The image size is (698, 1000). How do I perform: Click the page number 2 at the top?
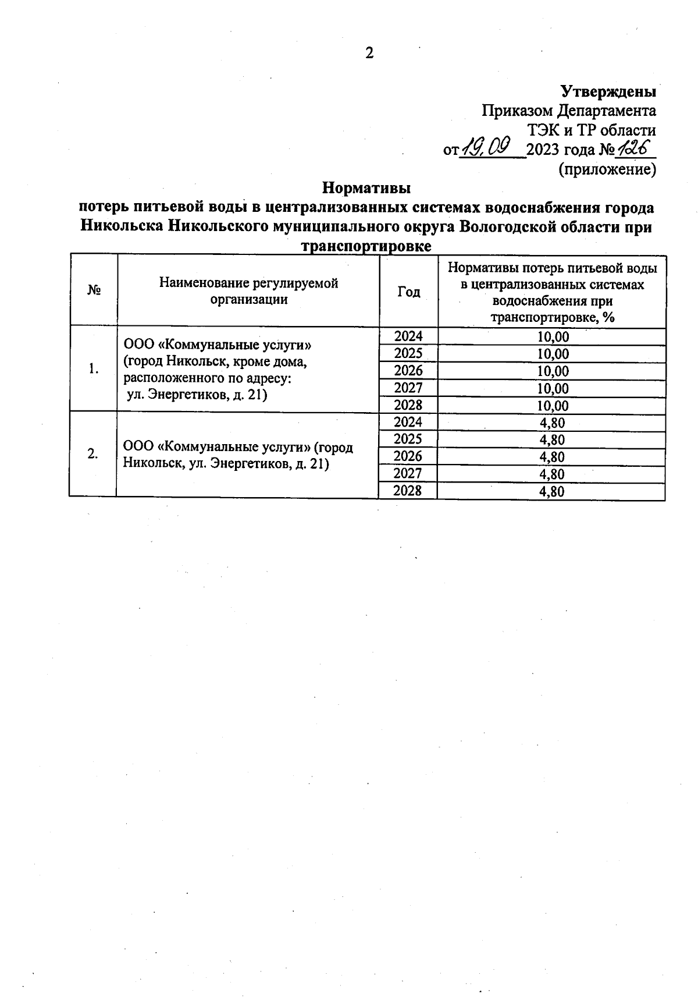click(369, 54)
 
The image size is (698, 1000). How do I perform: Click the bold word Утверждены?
click(608, 92)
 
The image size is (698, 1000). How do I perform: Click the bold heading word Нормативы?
click(366, 188)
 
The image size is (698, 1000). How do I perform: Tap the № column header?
click(94, 290)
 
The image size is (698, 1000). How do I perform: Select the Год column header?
click(408, 292)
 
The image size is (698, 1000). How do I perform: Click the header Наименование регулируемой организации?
click(248, 291)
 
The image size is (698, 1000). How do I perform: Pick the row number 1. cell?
click(93, 368)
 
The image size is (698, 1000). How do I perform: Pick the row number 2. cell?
click(92, 454)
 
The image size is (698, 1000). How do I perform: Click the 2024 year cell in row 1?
click(408, 336)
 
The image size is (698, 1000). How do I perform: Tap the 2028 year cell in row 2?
click(407, 491)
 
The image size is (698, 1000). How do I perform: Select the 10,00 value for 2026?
click(553, 371)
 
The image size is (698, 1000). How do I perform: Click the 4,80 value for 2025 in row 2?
click(551, 440)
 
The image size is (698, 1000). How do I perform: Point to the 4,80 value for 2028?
click(551, 491)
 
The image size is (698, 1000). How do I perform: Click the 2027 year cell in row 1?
click(408, 388)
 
